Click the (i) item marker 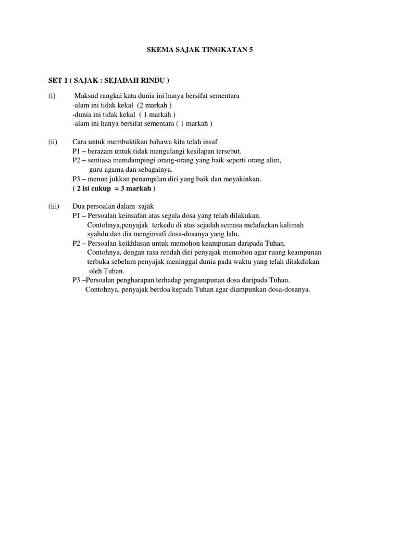52,96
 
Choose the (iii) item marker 54,206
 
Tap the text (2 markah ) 155,105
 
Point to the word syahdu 97,234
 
